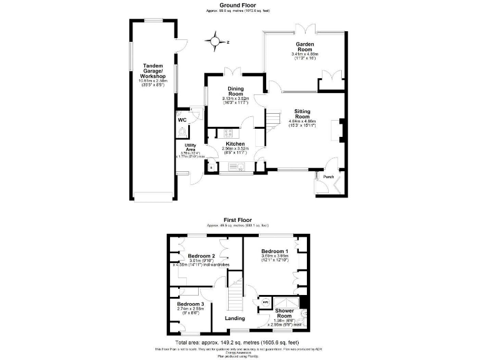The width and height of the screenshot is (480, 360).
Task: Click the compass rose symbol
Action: click(x=216, y=42)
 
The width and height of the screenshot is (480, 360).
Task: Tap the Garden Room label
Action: click(x=305, y=47)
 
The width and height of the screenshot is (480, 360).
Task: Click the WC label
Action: click(x=182, y=119)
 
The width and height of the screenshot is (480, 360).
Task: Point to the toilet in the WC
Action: click(x=182, y=131)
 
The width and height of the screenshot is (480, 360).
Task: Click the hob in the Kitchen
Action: click(x=228, y=132)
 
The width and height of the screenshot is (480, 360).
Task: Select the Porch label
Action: click(x=328, y=177)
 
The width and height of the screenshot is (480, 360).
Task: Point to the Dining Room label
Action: click(x=236, y=91)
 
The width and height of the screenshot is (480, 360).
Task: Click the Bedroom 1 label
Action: click(x=275, y=251)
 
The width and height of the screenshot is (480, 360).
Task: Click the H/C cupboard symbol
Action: click(x=265, y=301)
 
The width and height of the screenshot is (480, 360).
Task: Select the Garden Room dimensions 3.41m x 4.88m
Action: click(x=305, y=54)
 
